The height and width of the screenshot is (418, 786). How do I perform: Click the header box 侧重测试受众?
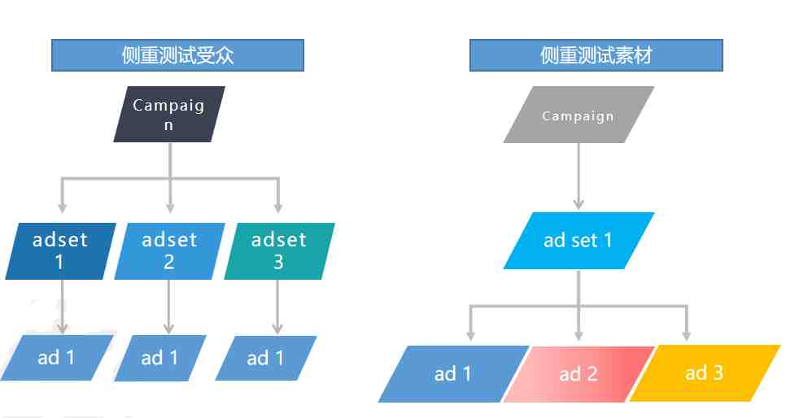[177, 55]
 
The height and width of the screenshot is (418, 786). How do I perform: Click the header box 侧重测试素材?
[596, 55]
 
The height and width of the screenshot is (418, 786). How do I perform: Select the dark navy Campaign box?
[169, 115]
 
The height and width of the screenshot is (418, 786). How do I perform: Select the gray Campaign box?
[579, 115]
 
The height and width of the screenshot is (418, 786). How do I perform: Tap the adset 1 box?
[61, 251]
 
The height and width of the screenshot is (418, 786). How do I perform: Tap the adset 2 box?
[169, 251]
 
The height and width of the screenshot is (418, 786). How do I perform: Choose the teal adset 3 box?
[279, 251]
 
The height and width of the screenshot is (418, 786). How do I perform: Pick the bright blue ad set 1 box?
[579, 241]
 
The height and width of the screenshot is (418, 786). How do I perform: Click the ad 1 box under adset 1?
[57, 358]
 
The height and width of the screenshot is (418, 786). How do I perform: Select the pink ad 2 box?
[579, 374]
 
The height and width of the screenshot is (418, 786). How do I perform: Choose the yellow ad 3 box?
[705, 373]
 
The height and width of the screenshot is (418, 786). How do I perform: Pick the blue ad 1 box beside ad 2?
[454, 374]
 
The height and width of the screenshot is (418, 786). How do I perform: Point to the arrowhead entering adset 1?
[62, 207]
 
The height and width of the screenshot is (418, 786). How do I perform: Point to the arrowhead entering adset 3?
[278, 207]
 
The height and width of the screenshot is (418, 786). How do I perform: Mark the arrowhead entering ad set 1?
[579, 204]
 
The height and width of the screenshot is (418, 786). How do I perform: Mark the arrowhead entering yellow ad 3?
[687, 335]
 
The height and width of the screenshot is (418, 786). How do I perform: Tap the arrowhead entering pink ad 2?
[579, 335]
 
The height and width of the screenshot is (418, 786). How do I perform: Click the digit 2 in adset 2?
[169, 262]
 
